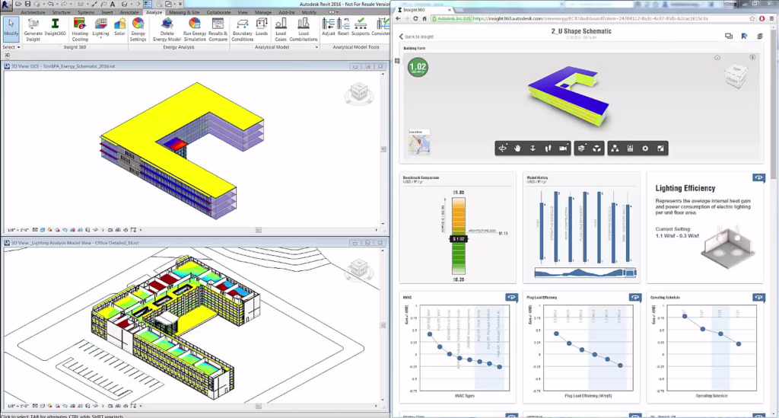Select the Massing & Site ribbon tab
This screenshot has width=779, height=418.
coord(185,13)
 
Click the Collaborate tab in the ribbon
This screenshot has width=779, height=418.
coord(218,13)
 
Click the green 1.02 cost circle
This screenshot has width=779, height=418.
coord(418,68)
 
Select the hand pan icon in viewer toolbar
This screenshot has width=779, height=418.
coord(517,148)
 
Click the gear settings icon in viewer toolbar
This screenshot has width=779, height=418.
coord(645,148)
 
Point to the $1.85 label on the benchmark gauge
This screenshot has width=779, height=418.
coord(459,193)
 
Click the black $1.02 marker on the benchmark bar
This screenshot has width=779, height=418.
coord(459,238)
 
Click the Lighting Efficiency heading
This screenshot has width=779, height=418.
coord(685,188)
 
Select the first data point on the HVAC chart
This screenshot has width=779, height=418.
coord(430,334)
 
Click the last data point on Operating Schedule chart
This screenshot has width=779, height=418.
coord(739,344)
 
